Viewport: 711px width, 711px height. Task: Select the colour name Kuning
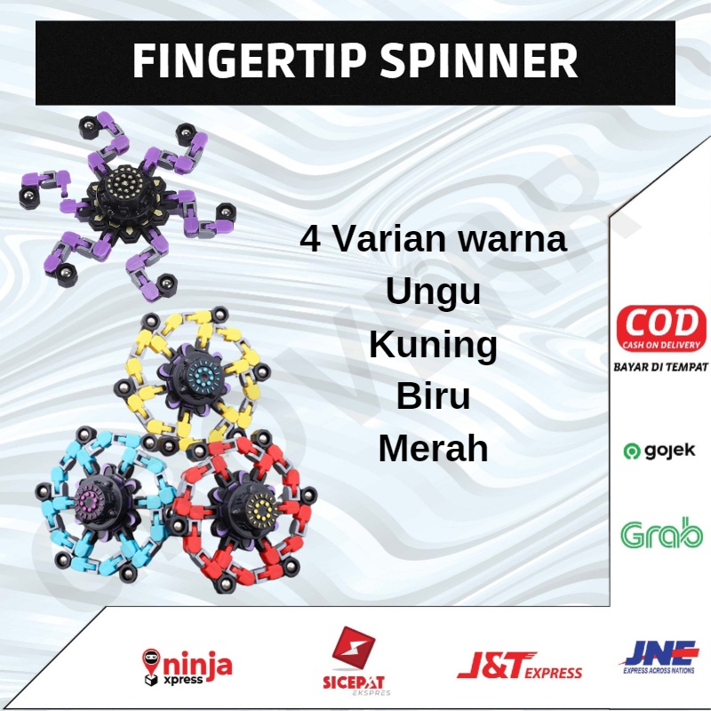pyautogui.click(x=434, y=344)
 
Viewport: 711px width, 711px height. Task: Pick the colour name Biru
pyautogui.click(x=434, y=396)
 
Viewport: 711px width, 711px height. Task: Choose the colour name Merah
pyautogui.click(x=434, y=449)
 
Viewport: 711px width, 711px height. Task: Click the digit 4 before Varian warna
pyautogui.click(x=312, y=240)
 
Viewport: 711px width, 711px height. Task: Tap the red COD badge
pyautogui.click(x=660, y=329)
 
